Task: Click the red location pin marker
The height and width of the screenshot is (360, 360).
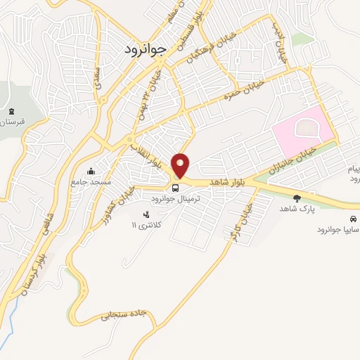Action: (x=181, y=165)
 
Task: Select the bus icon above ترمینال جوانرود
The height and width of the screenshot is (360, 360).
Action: (x=175, y=188)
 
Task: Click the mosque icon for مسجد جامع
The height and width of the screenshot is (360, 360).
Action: (x=91, y=171)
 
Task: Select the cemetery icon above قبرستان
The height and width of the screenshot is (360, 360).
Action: (x=11, y=111)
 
